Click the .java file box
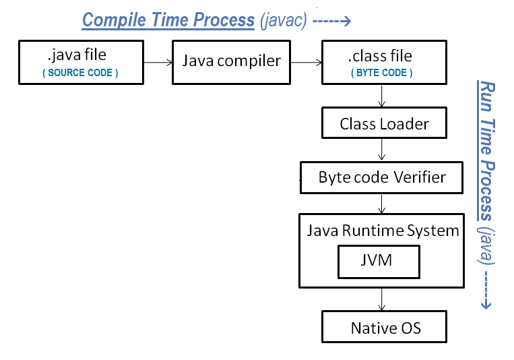(x=81, y=61)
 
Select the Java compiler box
(x=231, y=61)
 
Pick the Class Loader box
(x=384, y=123)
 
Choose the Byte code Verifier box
(x=382, y=178)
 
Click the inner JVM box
(x=379, y=262)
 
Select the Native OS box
(x=385, y=328)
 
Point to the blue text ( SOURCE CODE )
(x=81, y=73)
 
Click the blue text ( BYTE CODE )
(x=381, y=73)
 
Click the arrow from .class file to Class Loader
(x=383, y=96)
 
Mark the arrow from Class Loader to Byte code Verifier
(x=383, y=150)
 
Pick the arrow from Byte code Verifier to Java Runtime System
(x=383, y=204)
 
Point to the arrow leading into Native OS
(x=383, y=299)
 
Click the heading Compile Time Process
(x=168, y=20)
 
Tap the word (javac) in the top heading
(x=283, y=21)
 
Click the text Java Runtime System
(x=383, y=231)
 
